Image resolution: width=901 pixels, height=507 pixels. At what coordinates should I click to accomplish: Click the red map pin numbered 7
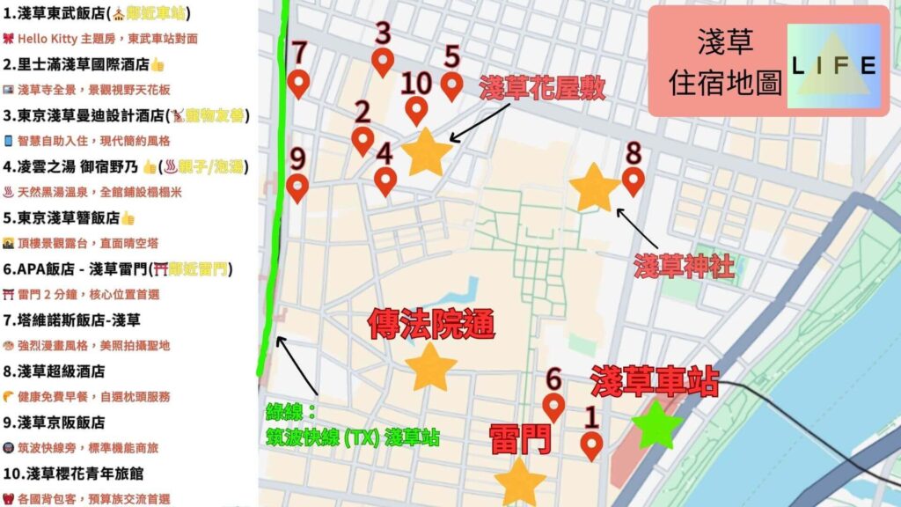point(299,83)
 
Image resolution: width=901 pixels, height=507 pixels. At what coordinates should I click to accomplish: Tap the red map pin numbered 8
point(634,180)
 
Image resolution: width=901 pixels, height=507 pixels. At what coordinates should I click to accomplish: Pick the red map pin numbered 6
point(553,406)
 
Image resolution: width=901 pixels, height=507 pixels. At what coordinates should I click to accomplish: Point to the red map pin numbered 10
point(416,110)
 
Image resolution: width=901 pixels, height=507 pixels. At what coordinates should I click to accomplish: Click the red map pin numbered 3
point(383,61)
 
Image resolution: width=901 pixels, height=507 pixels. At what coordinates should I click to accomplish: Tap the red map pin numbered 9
point(297,187)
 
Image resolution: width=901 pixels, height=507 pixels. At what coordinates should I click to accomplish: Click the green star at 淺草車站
point(657,425)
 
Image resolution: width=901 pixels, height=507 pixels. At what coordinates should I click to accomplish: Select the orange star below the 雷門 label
point(519,481)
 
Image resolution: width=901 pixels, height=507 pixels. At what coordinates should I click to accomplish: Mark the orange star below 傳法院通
point(430,366)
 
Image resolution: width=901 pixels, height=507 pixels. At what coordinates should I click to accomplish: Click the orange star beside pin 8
point(594,187)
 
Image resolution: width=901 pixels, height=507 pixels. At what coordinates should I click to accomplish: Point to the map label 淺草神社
point(684,266)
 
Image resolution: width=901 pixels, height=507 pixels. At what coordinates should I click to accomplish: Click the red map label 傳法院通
point(431,323)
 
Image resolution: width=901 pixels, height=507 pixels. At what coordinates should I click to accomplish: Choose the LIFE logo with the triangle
point(832,65)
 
